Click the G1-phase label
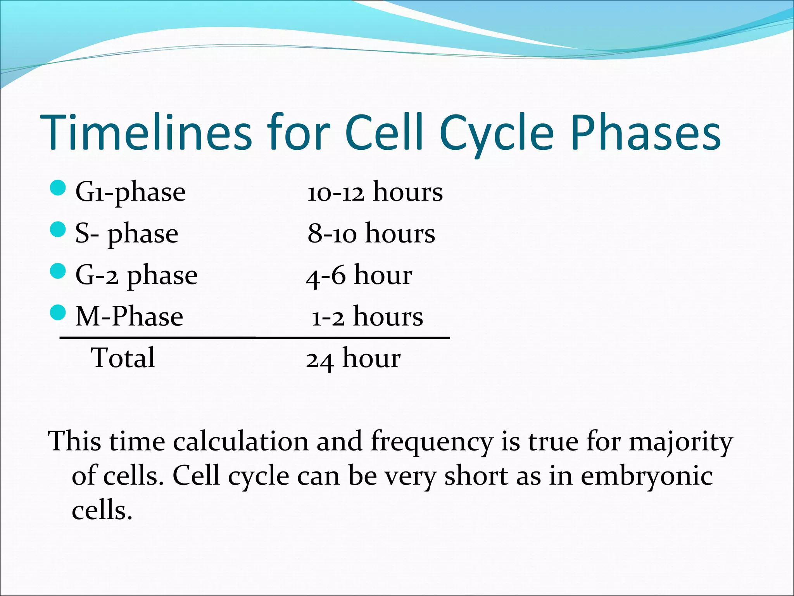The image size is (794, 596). point(130,192)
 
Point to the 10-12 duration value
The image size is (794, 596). point(336,193)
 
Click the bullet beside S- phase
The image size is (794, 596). point(58,230)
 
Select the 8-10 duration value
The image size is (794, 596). point(332,234)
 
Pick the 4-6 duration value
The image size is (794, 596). point(325,276)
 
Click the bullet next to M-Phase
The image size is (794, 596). point(58,312)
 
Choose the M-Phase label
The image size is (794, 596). point(129,317)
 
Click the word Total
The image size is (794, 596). point(123,358)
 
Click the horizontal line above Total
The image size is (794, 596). point(254,338)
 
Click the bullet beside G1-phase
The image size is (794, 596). point(58,188)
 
